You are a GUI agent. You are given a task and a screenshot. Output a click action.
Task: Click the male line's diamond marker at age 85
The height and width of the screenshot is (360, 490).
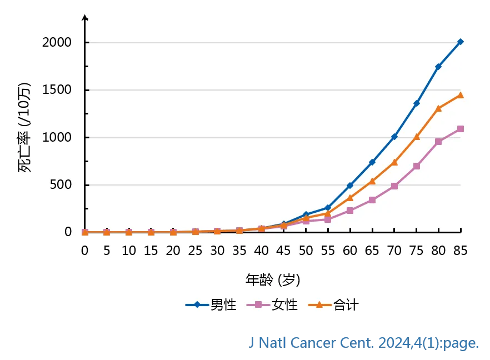461,42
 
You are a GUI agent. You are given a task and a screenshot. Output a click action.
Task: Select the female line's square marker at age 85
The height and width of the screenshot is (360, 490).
461,129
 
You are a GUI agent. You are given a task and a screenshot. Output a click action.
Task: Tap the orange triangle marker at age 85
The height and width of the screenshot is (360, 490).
461,95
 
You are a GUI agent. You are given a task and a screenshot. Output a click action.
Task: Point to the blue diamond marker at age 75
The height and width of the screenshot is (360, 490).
417,103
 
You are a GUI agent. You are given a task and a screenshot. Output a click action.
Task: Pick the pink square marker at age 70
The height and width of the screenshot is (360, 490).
394,186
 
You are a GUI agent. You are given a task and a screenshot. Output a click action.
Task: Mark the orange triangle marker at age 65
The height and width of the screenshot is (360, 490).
372,181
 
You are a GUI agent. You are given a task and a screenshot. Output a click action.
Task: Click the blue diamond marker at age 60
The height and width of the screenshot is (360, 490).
350,186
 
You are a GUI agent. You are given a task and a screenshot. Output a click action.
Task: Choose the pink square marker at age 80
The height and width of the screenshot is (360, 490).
438,142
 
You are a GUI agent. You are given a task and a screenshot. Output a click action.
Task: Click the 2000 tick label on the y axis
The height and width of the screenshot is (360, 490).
58,43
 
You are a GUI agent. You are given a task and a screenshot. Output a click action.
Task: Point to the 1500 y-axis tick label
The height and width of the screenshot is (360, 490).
58,90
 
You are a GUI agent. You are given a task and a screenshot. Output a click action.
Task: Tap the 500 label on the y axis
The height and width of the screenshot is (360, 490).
62,185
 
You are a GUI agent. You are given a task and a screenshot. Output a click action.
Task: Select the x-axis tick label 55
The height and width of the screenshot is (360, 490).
328,251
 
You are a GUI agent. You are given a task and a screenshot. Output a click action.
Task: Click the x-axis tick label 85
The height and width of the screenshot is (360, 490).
461,251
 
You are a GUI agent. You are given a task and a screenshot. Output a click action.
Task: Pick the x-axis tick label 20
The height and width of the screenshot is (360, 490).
173,251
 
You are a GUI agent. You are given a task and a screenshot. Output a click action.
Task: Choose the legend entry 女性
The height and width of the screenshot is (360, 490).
284,305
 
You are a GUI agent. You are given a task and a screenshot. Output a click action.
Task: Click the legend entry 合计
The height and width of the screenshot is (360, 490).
346,305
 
